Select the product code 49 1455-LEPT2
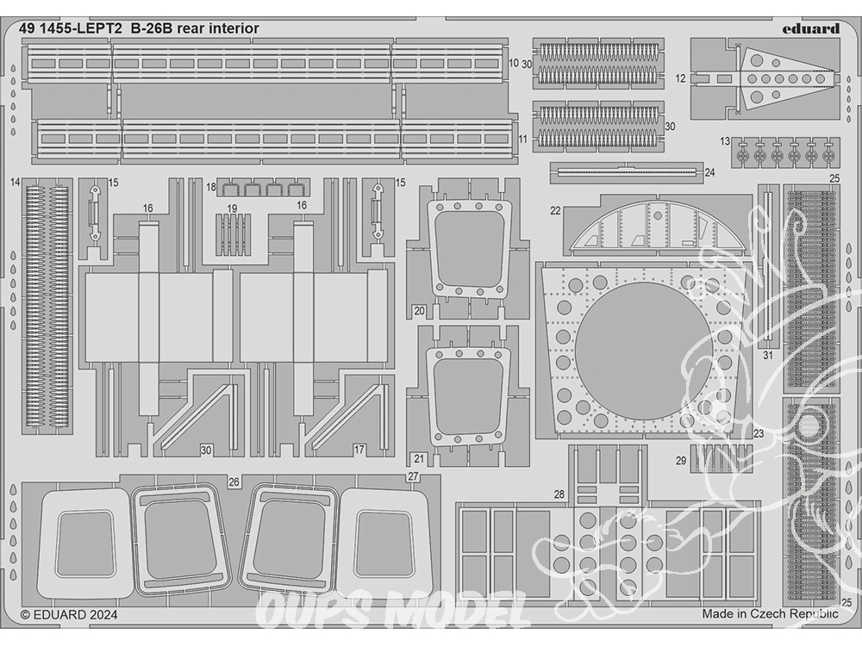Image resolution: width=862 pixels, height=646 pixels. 71,28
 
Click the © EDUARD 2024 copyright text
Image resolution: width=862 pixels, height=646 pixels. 69,615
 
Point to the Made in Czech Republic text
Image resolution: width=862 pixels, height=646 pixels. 770,613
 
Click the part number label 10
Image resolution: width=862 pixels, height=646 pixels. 514,63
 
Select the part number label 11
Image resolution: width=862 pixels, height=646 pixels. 522,139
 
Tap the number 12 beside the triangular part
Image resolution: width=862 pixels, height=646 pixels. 681,78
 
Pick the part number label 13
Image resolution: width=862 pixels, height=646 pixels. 725,142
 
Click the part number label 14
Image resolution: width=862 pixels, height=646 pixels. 15,183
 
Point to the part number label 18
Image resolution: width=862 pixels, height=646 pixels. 211,187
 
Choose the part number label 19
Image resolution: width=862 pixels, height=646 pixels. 232,208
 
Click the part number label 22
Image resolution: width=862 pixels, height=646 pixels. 555,211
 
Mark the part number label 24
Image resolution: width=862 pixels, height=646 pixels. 709,172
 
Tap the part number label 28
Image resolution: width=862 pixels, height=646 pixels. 559,494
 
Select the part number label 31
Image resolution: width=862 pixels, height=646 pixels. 768,356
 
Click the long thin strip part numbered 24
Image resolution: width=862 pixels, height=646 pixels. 627,172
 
